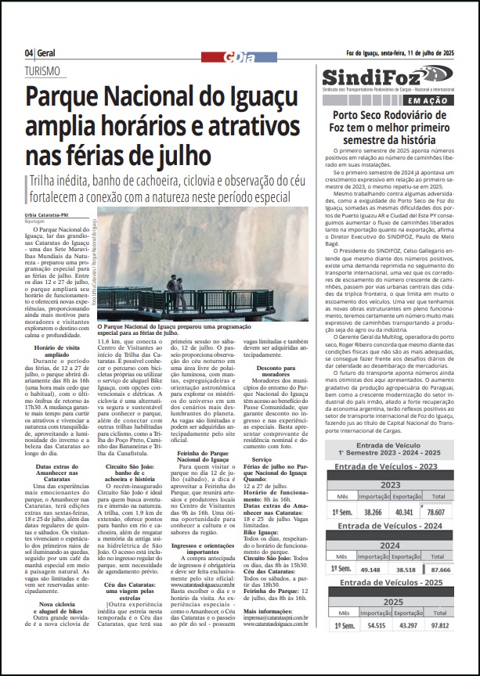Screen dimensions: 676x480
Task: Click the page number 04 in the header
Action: pos(29,52)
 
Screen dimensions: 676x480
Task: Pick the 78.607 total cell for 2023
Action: pos(452,534)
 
